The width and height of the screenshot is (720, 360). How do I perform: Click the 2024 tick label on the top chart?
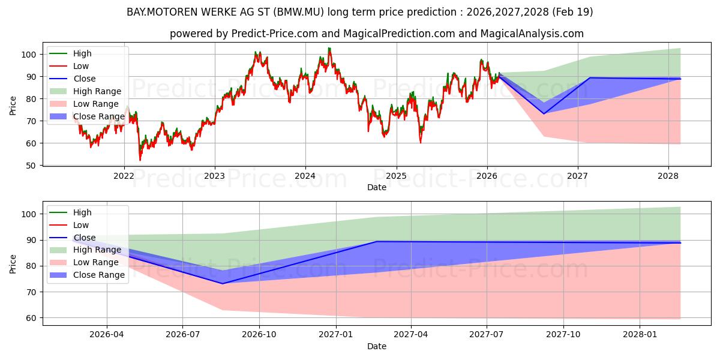pos(305,176)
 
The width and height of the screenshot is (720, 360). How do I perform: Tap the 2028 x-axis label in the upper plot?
pos(668,176)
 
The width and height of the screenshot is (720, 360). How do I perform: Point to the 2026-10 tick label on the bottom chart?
pos(259,335)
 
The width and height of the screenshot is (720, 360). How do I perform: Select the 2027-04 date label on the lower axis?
pos(411,335)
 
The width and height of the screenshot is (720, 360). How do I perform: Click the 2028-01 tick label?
pos(640,335)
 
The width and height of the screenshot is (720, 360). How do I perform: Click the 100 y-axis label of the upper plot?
pos(28,55)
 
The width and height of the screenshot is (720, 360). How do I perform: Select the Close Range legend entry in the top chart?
pos(87,116)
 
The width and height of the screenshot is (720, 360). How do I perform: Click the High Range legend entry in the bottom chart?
pos(85,250)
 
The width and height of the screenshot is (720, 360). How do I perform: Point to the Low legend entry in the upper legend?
pos(69,66)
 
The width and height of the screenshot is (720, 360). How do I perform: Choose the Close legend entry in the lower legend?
pos(73,238)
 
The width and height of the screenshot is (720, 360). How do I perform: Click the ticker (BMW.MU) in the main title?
pos(299,12)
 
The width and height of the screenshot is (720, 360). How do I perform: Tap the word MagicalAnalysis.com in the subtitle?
pos(532,34)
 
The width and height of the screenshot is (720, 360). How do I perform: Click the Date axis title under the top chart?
pos(377,187)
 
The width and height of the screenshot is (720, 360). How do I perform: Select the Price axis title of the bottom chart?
pos(13,264)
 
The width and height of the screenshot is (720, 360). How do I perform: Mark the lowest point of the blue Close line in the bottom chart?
pos(223,283)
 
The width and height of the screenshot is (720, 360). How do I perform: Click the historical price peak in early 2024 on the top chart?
pos(329,48)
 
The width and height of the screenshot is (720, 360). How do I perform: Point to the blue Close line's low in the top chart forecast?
pos(544,114)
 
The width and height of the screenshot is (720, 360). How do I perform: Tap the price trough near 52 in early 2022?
pos(140,160)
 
